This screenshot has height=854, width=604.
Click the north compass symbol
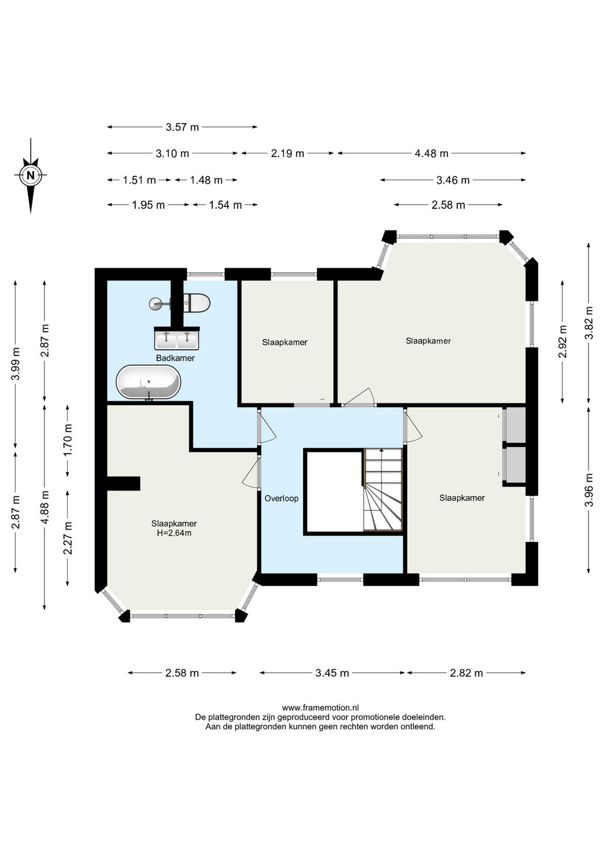(x=31, y=176)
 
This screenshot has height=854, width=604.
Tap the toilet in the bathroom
(x=197, y=303)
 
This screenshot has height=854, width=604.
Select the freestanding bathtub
(x=148, y=382)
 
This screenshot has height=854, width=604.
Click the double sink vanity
(x=177, y=338)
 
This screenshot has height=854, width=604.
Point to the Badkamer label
(x=176, y=358)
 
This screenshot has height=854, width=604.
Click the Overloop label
(x=281, y=498)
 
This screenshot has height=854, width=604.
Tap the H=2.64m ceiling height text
(x=174, y=533)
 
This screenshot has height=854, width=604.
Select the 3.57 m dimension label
(x=182, y=127)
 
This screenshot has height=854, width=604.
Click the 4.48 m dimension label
(x=432, y=153)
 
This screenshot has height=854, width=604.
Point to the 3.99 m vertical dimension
(x=15, y=364)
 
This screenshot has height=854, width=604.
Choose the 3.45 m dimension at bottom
(x=332, y=673)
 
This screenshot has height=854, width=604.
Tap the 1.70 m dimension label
(x=68, y=440)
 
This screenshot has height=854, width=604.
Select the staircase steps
(x=383, y=489)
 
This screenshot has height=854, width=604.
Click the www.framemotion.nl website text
(x=320, y=708)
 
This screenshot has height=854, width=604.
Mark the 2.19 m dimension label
(x=288, y=153)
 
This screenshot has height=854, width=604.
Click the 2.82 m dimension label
(x=466, y=673)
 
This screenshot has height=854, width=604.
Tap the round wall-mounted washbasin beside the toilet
(x=156, y=304)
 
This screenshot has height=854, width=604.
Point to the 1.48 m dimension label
(x=206, y=180)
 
